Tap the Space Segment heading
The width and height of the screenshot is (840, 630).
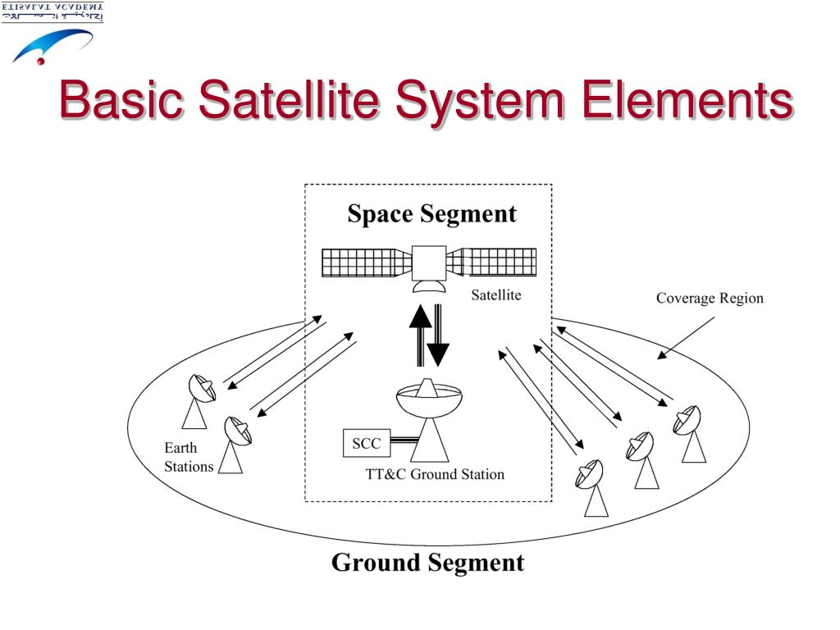tap(431, 214)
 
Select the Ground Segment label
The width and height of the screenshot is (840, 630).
tap(427, 563)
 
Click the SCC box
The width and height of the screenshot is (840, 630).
tap(366, 444)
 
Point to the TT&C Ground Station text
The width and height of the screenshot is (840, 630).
tap(435, 474)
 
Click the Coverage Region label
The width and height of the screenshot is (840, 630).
tap(710, 298)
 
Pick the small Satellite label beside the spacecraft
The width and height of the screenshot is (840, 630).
tap(495, 295)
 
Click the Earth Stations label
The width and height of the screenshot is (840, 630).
tap(188, 458)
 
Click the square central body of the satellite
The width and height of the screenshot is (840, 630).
tap(429, 262)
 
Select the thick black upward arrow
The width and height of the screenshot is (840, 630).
tap(420, 333)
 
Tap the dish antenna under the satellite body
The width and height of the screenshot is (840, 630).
tap(429, 286)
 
